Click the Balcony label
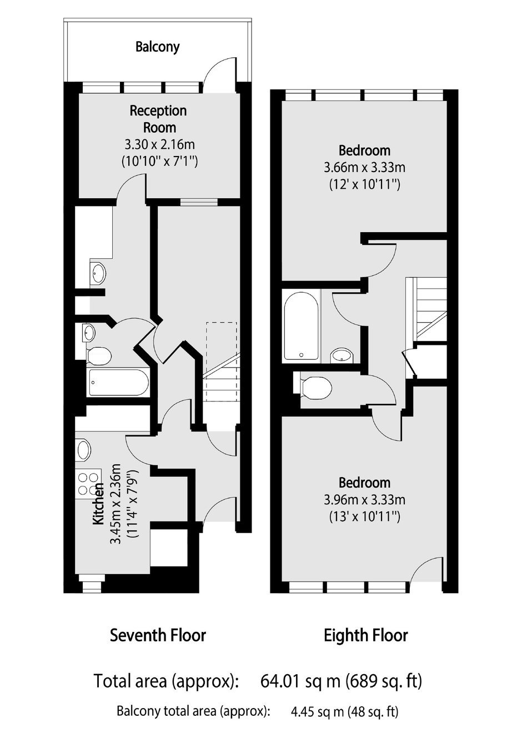point(157,47)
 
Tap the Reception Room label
point(158,119)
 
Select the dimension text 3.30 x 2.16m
point(159,144)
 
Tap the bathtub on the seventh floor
point(119,382)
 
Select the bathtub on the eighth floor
point(301,326)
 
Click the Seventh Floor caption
point(158,635)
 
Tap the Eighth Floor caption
point(366,635)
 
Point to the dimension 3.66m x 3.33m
point(364,168)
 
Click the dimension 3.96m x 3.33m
point(364,500)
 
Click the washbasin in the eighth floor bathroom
point(342,355)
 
